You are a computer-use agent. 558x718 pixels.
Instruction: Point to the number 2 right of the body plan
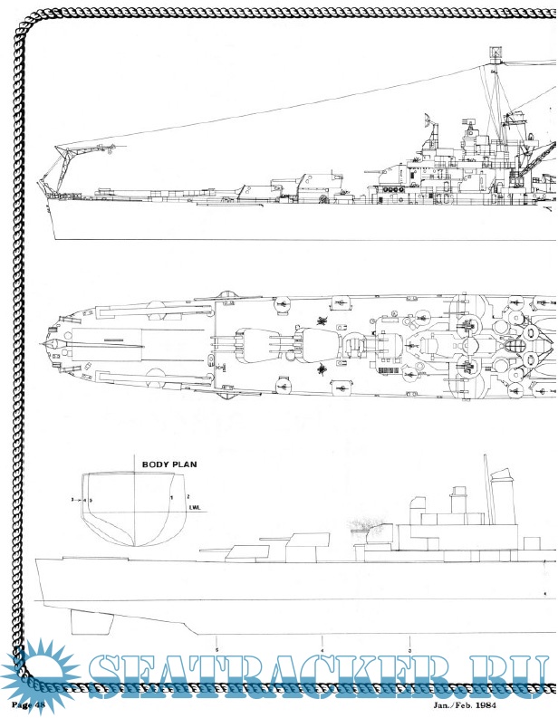coord(188,496)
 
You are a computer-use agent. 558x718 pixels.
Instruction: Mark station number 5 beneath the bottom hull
coord(217,650)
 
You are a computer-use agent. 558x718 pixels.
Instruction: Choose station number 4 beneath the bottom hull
coord(322,650)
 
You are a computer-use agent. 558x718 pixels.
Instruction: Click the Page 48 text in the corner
coord(28,703)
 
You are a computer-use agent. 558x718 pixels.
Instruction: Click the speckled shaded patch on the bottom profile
coord(370,525)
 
